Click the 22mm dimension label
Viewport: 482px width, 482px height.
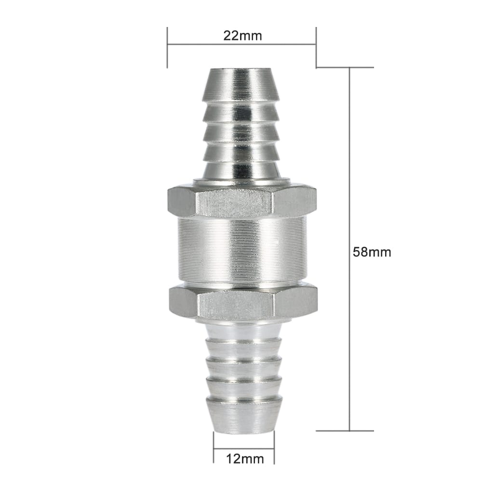242,36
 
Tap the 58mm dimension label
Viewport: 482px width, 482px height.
372,252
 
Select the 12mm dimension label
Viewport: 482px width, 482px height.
245,459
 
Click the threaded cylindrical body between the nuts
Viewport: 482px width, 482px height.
242,250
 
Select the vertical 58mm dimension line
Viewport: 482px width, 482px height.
349,249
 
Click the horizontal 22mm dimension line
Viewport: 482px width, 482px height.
241,44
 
